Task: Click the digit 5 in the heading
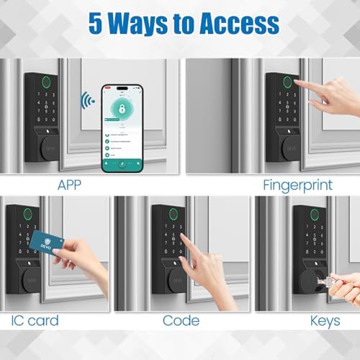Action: (96, 24)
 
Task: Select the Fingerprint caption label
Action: (296, 185)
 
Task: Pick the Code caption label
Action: (181, 320)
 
